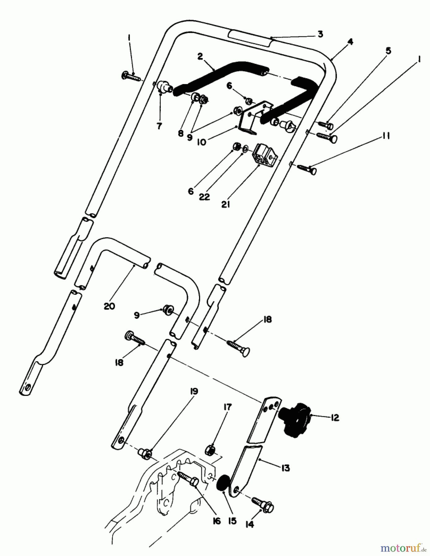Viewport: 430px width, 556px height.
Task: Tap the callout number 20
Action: [109, 306]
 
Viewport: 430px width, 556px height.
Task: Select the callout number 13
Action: [285, 468]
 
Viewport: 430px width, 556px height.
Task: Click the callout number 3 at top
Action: [320, 34]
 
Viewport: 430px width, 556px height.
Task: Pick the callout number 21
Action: [226, 204]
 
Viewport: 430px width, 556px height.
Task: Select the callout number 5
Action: [388, 50]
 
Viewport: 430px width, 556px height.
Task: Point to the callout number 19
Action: [194, 392]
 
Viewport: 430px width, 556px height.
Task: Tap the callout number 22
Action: [204, 196]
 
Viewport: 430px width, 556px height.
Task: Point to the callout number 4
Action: [350, 42]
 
